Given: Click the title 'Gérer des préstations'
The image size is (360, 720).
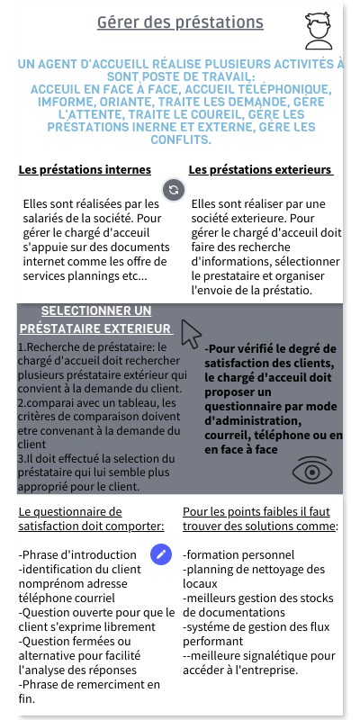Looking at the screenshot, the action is [181, 22].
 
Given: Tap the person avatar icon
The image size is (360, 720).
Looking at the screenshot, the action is [318, 31].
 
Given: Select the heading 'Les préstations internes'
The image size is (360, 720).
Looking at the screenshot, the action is [85, 170].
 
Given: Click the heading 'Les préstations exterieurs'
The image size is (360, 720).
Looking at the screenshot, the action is [260, 170].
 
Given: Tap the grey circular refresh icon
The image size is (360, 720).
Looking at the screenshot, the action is [175, 189].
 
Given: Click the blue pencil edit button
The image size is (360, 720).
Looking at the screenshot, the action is [161, 554].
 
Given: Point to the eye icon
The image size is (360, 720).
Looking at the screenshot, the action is [312, 471].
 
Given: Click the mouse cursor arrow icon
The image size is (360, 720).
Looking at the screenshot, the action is [190, 333].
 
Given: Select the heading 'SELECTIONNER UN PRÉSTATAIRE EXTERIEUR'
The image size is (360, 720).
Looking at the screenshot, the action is [95, 319].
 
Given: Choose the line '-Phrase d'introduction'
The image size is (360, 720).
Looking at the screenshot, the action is [78, 555].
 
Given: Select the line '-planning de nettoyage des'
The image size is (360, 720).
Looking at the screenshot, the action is [254, 570].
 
